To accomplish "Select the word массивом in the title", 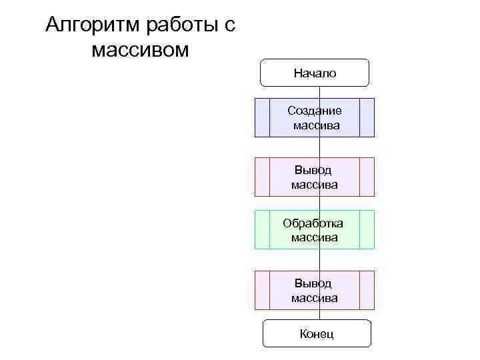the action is click(141, 50).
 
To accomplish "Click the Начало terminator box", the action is click(315, 73).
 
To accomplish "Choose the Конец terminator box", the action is click(316, 333).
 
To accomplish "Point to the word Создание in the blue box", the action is click(315, 111).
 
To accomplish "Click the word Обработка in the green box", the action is click(313, 223).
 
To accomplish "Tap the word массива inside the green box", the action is click(314, 237).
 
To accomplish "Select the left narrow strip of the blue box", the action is click(262, 117).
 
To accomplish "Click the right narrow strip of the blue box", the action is click(367, 117).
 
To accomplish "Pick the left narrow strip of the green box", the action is click(262, 230).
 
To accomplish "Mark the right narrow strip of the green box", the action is click(367, 230).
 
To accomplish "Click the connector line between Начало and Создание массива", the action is click(319, 93).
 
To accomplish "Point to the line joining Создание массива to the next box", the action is click(319, 147).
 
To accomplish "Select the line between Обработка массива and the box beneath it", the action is click(319, 260).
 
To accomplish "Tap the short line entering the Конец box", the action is click(319, 315).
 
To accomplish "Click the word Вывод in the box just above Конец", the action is click(314, 283).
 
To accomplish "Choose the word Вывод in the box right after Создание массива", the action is click(314, 170).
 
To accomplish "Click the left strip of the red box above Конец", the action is click(262, 290).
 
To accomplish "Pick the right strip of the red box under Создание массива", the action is click(367, 177).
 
